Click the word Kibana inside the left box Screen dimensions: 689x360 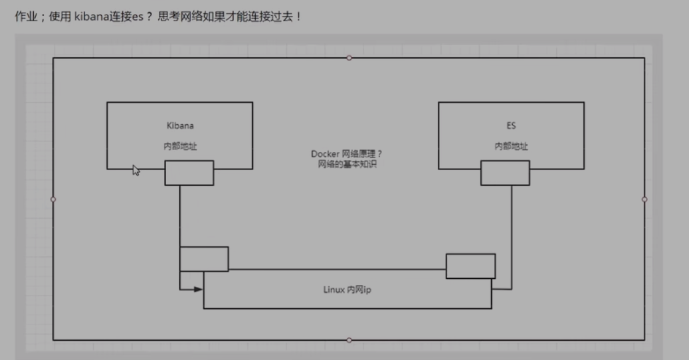coord(179,125)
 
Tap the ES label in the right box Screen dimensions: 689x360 coord(511,125)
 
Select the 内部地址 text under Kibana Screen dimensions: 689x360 coord(179,147)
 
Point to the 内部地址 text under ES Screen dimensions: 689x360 coord(511,147)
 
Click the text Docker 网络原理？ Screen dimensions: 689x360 coord(346,154)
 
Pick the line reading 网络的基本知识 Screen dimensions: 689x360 coord(346,164)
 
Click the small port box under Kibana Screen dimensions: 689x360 coord(189,173)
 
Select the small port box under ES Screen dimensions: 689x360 coord(505,173)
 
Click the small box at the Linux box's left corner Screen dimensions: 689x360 coord(204,259)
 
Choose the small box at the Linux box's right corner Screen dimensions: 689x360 coord(470,266)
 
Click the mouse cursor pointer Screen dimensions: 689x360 coord(136,170)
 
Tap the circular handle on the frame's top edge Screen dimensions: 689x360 coord(349,58)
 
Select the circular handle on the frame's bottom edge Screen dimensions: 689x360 coord(349,340)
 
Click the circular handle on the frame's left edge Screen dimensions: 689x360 coord(53,199)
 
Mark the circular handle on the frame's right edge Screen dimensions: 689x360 coord(644,199)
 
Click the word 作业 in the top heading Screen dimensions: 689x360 coord(25,17)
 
